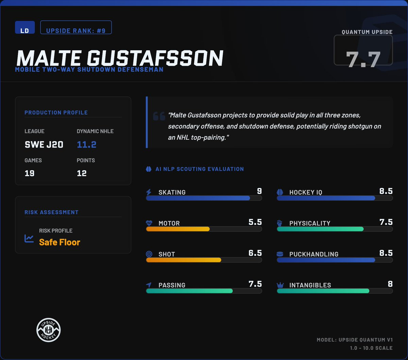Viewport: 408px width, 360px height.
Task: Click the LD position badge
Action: [x=25, y=28]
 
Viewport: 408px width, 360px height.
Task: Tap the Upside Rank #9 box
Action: [x=76, y=28]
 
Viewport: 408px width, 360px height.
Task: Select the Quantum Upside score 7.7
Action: [x=363, y=59]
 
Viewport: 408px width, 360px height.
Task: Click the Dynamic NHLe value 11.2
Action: [x=87, y=144]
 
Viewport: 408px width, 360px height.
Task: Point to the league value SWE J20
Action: [x=44, y=144]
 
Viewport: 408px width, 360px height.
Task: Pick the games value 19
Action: [x=29, y=173]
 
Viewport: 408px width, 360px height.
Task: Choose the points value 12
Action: [x=82, y=173]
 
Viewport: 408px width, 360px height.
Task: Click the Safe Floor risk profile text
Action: [x=60, y=242]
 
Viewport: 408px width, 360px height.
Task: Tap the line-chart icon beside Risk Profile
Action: [x=29, y=238]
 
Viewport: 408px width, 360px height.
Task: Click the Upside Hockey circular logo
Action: [x=49, y=330]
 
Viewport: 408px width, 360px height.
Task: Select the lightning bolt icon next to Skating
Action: [x=149, y=192]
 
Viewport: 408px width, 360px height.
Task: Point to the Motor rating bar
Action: [x=204, y=229]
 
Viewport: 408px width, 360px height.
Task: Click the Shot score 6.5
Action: [x=255, y=253]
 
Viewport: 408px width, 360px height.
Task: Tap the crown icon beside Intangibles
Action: [x=280, y=285]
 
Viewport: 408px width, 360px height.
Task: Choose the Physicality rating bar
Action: [x=335, y=229]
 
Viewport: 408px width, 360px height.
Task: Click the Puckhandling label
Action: [x=314, y=254]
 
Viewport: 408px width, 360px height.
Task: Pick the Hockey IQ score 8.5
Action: [x=386, y=191]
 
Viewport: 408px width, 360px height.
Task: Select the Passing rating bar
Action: [x=204, y=291]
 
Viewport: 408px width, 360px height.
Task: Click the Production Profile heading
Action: [x=56, y=113]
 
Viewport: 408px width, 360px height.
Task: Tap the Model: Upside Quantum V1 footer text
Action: [x=355, y=340]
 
